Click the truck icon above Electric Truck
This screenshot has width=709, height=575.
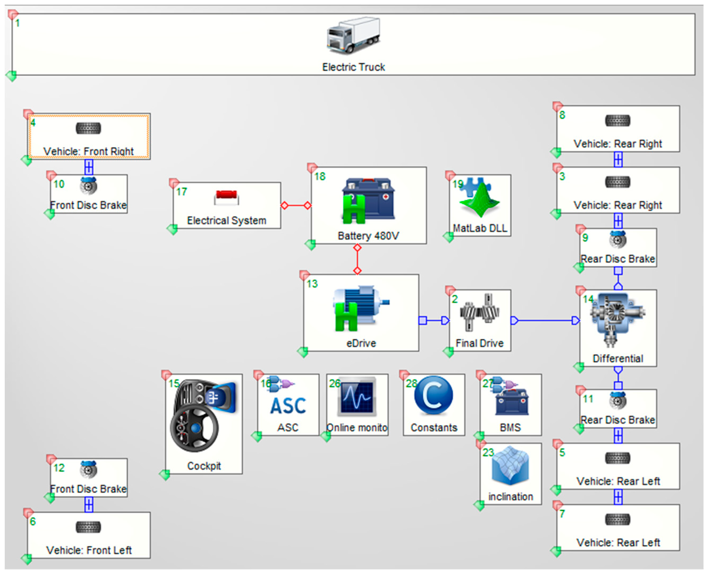point(354,36)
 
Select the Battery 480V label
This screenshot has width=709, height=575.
point(368,236)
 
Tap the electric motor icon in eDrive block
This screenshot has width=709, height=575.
point(361,308)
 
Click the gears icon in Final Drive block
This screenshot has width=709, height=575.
point(479,312)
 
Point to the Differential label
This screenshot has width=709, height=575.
point(618,358)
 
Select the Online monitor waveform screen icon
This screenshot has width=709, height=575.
point(357,397)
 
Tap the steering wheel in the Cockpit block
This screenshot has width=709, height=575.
point(194,429)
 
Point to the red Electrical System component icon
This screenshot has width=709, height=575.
point(227,198)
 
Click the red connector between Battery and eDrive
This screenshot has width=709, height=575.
point(357,259)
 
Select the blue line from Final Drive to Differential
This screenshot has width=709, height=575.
point(546,321)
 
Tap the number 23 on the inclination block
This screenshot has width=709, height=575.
point(488,452)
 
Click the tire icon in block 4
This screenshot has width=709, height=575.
point(88,128)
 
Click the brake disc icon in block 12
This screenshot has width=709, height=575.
point(88,469)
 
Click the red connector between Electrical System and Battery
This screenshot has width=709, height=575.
point(296,206)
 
